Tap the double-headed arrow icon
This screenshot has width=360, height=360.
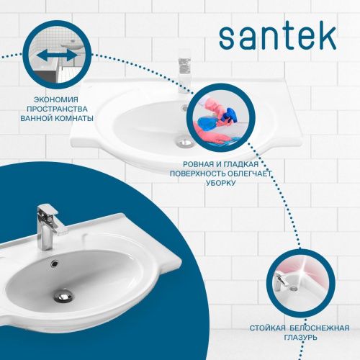click(x=55, y=55)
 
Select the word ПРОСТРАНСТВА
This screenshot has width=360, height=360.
click(x=56, y=108)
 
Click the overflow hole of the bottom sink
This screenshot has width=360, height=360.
click(x=52, y=263)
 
